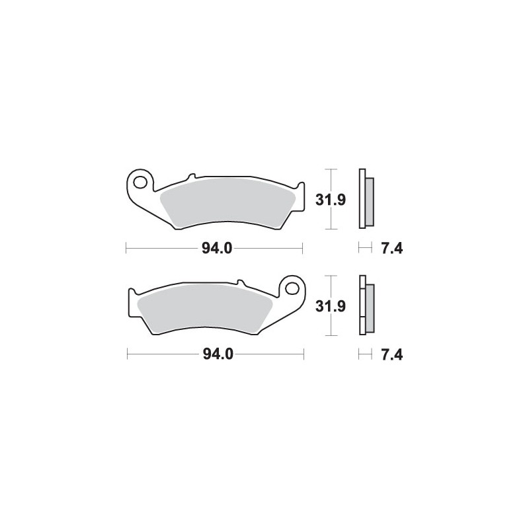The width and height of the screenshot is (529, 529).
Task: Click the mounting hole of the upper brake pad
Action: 140,183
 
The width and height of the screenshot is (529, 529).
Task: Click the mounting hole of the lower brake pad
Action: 292,288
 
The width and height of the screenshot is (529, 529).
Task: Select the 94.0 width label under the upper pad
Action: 217,249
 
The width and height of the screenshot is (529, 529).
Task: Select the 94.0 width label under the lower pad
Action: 218,354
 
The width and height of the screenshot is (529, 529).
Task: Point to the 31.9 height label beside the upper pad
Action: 331,200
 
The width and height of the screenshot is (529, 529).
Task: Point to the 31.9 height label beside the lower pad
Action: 331,306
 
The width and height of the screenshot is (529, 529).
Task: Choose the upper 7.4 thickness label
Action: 391,249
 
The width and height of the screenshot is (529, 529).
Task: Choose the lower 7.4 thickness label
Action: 391,354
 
